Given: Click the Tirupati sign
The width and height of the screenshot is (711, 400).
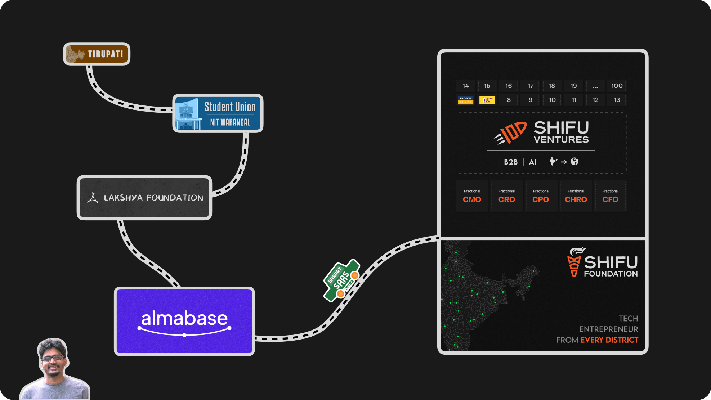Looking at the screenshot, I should point(97,54).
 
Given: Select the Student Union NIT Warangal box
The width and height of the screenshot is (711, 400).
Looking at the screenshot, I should point(218,113).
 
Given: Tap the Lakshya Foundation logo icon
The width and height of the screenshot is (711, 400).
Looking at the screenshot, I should point(93,198).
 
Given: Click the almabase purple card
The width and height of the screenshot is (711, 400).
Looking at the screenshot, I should point(184,321).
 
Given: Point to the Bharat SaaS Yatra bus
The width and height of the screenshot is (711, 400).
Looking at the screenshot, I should point(341,280).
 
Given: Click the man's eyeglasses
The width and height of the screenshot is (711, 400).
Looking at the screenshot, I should point(53,358).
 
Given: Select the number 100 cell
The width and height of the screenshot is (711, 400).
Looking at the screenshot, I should point(617,86).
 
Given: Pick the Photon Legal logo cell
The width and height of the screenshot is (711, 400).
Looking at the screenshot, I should point(465,100).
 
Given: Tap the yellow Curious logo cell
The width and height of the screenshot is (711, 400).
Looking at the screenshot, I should point(487,100).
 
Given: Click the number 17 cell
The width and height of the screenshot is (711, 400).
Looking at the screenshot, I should point(530,86).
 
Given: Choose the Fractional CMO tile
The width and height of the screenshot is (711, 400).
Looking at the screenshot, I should point(472,196).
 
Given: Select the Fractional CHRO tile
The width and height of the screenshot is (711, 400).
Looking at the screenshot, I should point(576,196).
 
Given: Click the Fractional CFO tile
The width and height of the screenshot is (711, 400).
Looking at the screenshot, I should point(610,196).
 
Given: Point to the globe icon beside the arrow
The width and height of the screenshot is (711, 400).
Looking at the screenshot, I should point(574,162).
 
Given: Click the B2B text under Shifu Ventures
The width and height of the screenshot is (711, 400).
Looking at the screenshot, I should point(510,162).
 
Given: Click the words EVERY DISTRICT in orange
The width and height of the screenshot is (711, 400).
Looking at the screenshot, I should point(609,340).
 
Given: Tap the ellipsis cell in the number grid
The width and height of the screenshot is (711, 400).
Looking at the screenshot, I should point(595,86).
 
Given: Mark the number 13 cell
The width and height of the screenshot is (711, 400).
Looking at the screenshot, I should point(617,100).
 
